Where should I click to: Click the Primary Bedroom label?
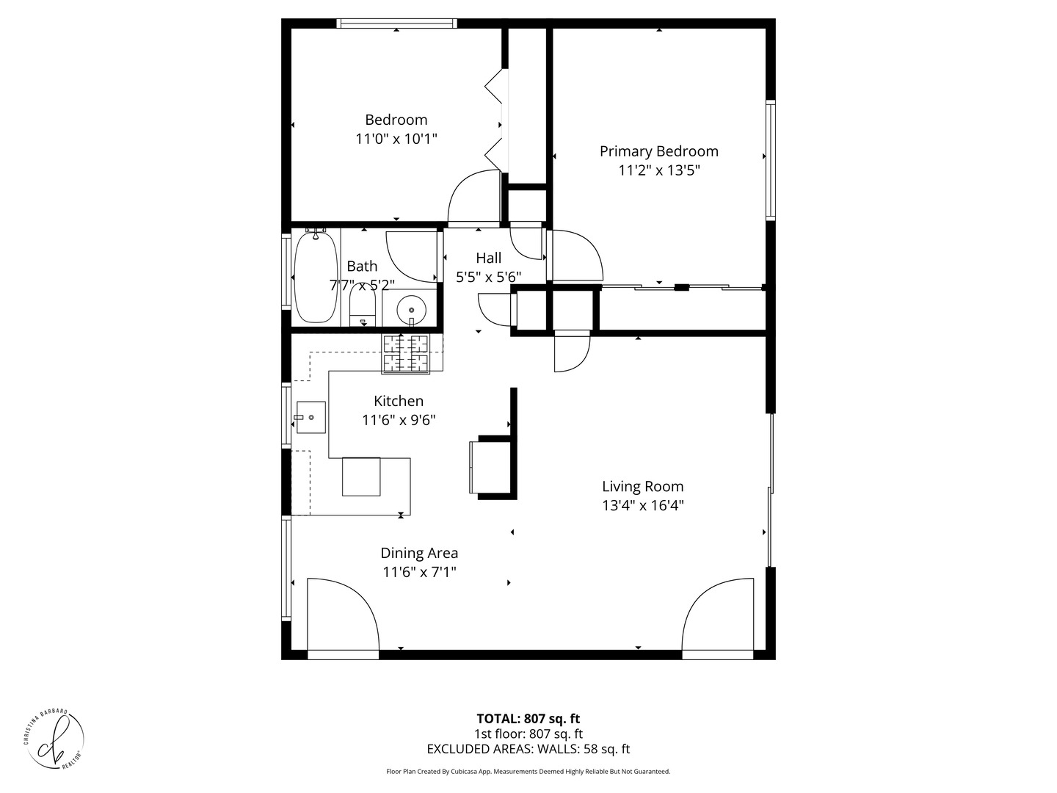pyautogui.click(x=658, y=151)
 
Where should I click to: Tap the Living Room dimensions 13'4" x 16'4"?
pyautogui.click(x=642, y=505)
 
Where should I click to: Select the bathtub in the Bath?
pyautogui.click(x=316, y=277)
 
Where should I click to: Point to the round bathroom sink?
pyautogui.click(x=411, y=309)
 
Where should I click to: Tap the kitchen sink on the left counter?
pyautogui.click(x=311, y=417)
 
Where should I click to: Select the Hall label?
pyautogui.click(x=488, y=258)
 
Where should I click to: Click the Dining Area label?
pyautogui.click(x=419, y=554)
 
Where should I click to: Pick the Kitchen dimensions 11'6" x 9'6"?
pyautogui.click(x=399, y=420)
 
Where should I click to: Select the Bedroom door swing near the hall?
pyautogui.click(x=473, y=196)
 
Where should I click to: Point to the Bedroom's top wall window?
pyautogui.click(x=396, y=23)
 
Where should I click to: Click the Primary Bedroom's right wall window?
pyautogui.click(x=770, y=160)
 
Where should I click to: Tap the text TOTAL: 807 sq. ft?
pyautogui.click(x=528, y=719)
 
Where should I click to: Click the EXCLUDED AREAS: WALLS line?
pyautogui.click(x=528, y=749)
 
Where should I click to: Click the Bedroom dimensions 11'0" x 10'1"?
pyautogui.click(x=396, y=139)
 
